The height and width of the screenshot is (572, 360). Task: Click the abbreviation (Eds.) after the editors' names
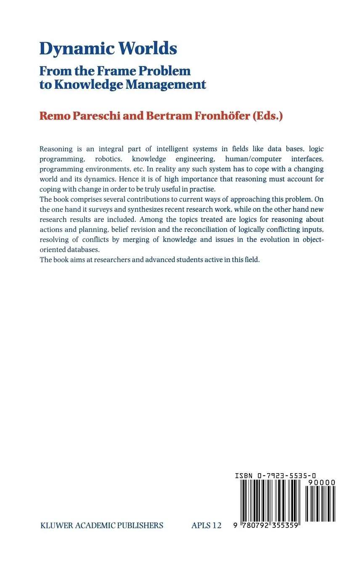point(267,116)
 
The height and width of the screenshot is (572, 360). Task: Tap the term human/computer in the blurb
point(253,159)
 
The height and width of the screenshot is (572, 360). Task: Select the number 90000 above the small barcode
point(321,483)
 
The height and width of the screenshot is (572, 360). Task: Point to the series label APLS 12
point(206,525)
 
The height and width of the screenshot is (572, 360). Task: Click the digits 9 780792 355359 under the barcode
point(265,526)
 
